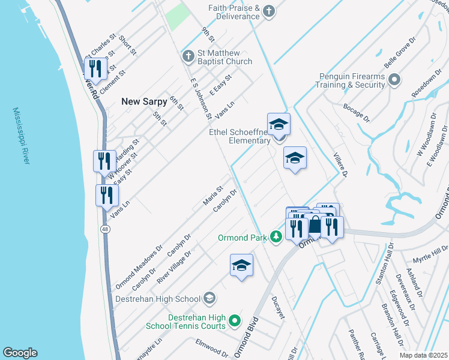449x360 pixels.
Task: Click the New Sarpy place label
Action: pos(144,101)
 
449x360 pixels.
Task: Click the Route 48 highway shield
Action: pos(106,229)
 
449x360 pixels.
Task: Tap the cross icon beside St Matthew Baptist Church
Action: pos(188,56)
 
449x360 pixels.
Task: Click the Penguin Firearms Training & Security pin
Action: pos(394,80)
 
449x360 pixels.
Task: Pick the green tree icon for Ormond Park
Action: pos(276,238)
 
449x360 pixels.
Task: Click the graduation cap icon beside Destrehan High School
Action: pos(209,298)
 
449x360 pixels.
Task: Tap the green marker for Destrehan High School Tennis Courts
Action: pos(235,321)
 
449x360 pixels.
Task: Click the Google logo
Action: pos(20,353)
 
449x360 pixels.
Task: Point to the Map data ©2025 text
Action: pos(423,355)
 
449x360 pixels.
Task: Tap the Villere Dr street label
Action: pos(340,164)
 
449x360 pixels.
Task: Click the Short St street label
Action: pos(127,46)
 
